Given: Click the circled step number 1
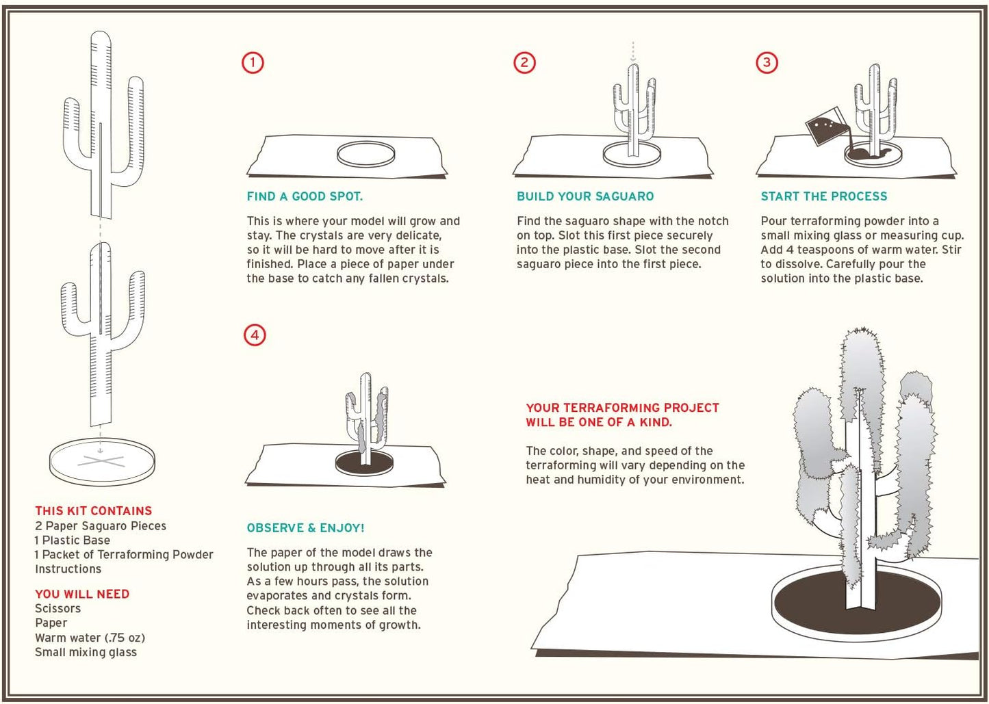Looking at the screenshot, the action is [x=253, y=63].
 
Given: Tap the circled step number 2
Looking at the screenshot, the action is [x=524, y=63].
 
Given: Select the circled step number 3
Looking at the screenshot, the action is [x=767, y=63].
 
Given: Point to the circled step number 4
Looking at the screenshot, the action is [x=255, y=335].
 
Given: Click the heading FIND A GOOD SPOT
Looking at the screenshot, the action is [x=305, y=196].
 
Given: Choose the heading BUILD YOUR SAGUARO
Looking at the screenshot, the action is [x=585, y=196].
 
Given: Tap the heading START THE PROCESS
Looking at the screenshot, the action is [x=824, y=196].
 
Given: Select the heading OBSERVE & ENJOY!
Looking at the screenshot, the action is [x=305, y=528].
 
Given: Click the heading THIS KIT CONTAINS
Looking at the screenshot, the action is [x=94, y=510].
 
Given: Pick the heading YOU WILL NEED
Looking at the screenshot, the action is [x=82, y=594].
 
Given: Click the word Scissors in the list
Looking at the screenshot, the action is [x=58, y=609].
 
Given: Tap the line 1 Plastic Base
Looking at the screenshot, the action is [x=73, y=540].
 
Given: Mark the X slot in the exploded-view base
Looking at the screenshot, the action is [x=101, y=462].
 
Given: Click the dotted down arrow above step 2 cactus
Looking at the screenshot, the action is [x=633, y=51].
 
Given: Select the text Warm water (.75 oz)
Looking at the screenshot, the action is [x=90, y=638].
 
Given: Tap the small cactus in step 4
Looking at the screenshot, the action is [x=366, y=419].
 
